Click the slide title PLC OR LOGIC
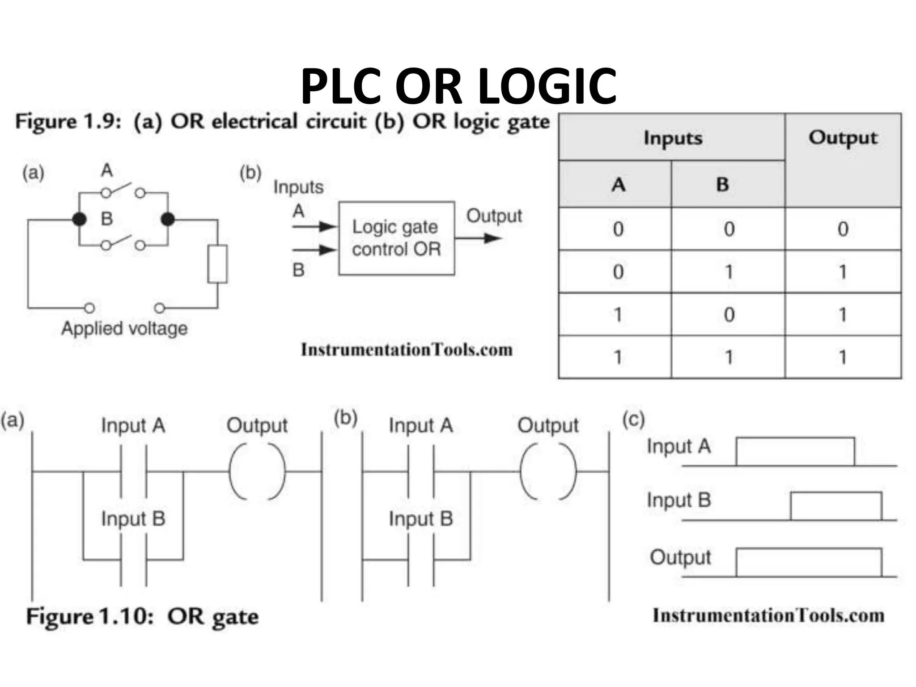(x=458, y=86)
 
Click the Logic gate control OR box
(x=396, y=238)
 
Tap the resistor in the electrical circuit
(x=217, y=264)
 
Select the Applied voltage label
(x=124, y=329)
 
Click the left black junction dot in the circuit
(x=79, y=219)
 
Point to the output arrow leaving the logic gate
(x=479, y=238)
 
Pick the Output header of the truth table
(x=843, y=138)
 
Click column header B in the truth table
(x=722, y=184)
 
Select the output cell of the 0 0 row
(x=843, y=229)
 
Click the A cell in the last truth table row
(x=618, y=357)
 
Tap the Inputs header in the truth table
(x=673, y=138)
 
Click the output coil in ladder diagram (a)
(x=257, y=471)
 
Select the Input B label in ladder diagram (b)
(x=420, y=519)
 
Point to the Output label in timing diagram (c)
(x=680, y=558)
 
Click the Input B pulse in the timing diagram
(x=836, y=505)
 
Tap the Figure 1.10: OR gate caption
(x=142, y=617)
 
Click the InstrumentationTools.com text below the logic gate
(x=406, y=350)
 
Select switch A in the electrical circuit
(x=123, y=190)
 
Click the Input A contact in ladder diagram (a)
(x=133, y=471)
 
